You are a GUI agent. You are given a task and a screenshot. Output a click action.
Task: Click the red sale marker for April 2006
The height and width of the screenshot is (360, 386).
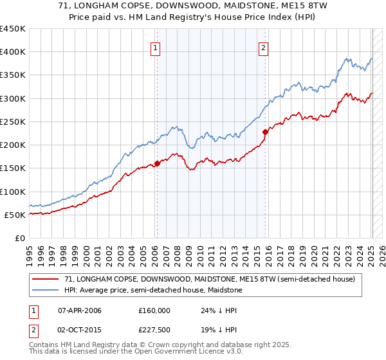click(x=157, y=163)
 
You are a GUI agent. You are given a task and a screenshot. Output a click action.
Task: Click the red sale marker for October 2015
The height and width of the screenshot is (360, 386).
click(x=264, y=132)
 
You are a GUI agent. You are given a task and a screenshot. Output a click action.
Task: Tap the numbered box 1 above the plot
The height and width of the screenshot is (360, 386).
click(x=156, y=46)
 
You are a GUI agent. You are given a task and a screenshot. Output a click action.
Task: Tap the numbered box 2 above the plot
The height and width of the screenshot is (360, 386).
click(x=264, y=46)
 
